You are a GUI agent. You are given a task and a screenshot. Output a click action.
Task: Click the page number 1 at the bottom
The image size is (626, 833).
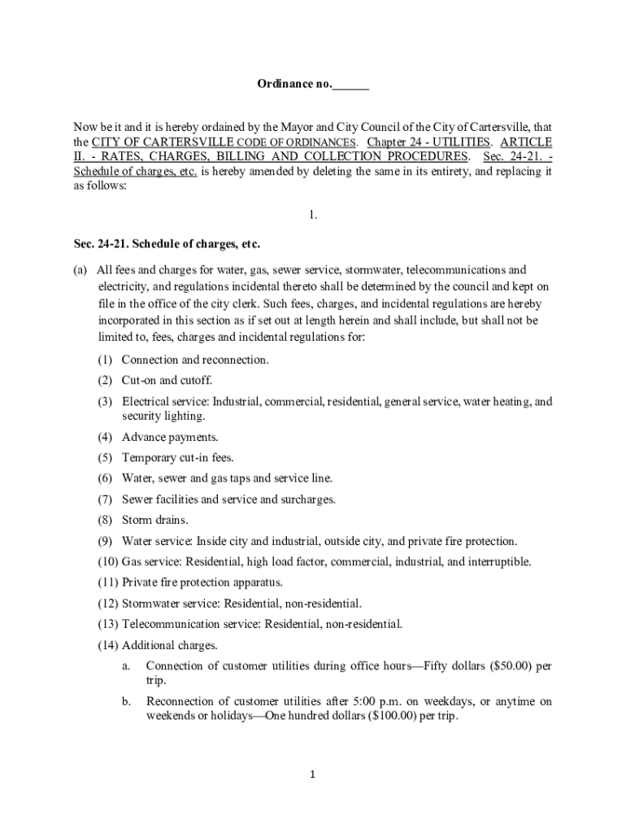(x=312, y=774)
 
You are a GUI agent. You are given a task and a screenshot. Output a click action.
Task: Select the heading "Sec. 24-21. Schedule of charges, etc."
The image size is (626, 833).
(x=166, y=244)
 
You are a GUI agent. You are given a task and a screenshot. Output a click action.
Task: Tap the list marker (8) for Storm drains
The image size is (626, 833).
(x=105, y=520)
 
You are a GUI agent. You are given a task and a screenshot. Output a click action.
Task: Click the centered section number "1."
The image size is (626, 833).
(x=312, y=215)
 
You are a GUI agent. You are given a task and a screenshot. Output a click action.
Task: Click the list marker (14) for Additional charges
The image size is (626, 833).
(x=107, y=645)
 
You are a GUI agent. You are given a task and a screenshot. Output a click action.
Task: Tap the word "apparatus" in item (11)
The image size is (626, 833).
(x=255, y=582)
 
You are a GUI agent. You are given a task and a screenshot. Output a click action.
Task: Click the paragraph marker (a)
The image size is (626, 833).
(x=79, y=270)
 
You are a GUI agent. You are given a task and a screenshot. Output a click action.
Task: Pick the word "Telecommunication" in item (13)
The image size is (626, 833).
(x=172, y=624)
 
